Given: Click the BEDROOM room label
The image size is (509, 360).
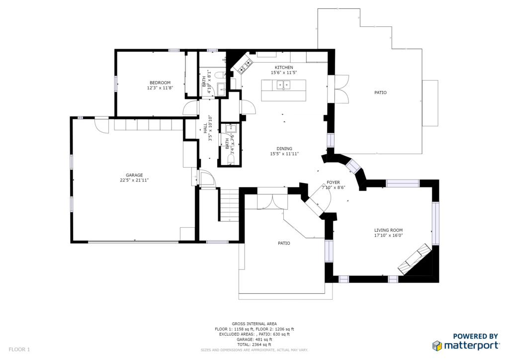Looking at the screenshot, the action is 160,83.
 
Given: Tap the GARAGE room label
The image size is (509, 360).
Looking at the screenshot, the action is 134,176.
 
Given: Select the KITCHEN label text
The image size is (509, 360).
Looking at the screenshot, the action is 284,68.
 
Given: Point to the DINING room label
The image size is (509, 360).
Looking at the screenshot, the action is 284,149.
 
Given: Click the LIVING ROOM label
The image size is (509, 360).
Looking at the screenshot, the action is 389,230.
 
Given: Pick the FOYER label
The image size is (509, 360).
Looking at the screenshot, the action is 334,182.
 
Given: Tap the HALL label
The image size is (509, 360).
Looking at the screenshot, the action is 205,128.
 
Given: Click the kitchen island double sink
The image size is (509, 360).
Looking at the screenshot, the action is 283,85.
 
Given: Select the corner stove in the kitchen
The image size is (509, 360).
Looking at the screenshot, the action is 245,66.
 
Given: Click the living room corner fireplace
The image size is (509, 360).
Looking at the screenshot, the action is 415,259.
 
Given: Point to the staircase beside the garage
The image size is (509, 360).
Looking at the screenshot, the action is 230,205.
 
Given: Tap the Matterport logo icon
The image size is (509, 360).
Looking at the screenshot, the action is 437,346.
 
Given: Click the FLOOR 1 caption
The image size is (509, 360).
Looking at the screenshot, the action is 19,350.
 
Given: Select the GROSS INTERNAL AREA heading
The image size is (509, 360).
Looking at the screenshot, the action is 254,324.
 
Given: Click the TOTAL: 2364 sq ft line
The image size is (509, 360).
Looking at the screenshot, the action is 254,345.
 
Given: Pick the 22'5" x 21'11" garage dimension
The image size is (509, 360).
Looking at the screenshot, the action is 134,180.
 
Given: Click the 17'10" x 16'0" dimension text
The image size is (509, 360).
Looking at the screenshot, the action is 389,235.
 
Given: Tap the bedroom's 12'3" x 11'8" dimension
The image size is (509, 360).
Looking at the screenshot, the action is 160,88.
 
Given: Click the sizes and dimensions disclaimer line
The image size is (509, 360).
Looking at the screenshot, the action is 254,350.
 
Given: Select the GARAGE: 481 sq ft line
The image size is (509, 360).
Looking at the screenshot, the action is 254,340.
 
